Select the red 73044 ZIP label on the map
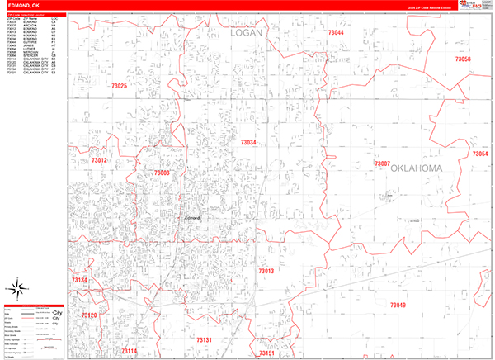click(x=336, y=32)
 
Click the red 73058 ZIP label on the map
click(x=462, y=59)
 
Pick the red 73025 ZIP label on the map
click(x=119, y=87)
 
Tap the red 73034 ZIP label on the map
click(x=248, y=143)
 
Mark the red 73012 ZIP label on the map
click(x=100, y=160)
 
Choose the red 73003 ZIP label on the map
click(x=162, y=173)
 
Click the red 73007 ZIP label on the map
click(x=381, y=163)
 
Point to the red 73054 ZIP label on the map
click(x=480, y=154)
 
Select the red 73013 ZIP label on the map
click(x=266, y=271)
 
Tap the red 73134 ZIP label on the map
click(x=80, y=281)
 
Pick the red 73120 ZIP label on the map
click(x=89, y=315)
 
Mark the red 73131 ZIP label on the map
click(x=205, y=339)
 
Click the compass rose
click(x=18, y=289)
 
